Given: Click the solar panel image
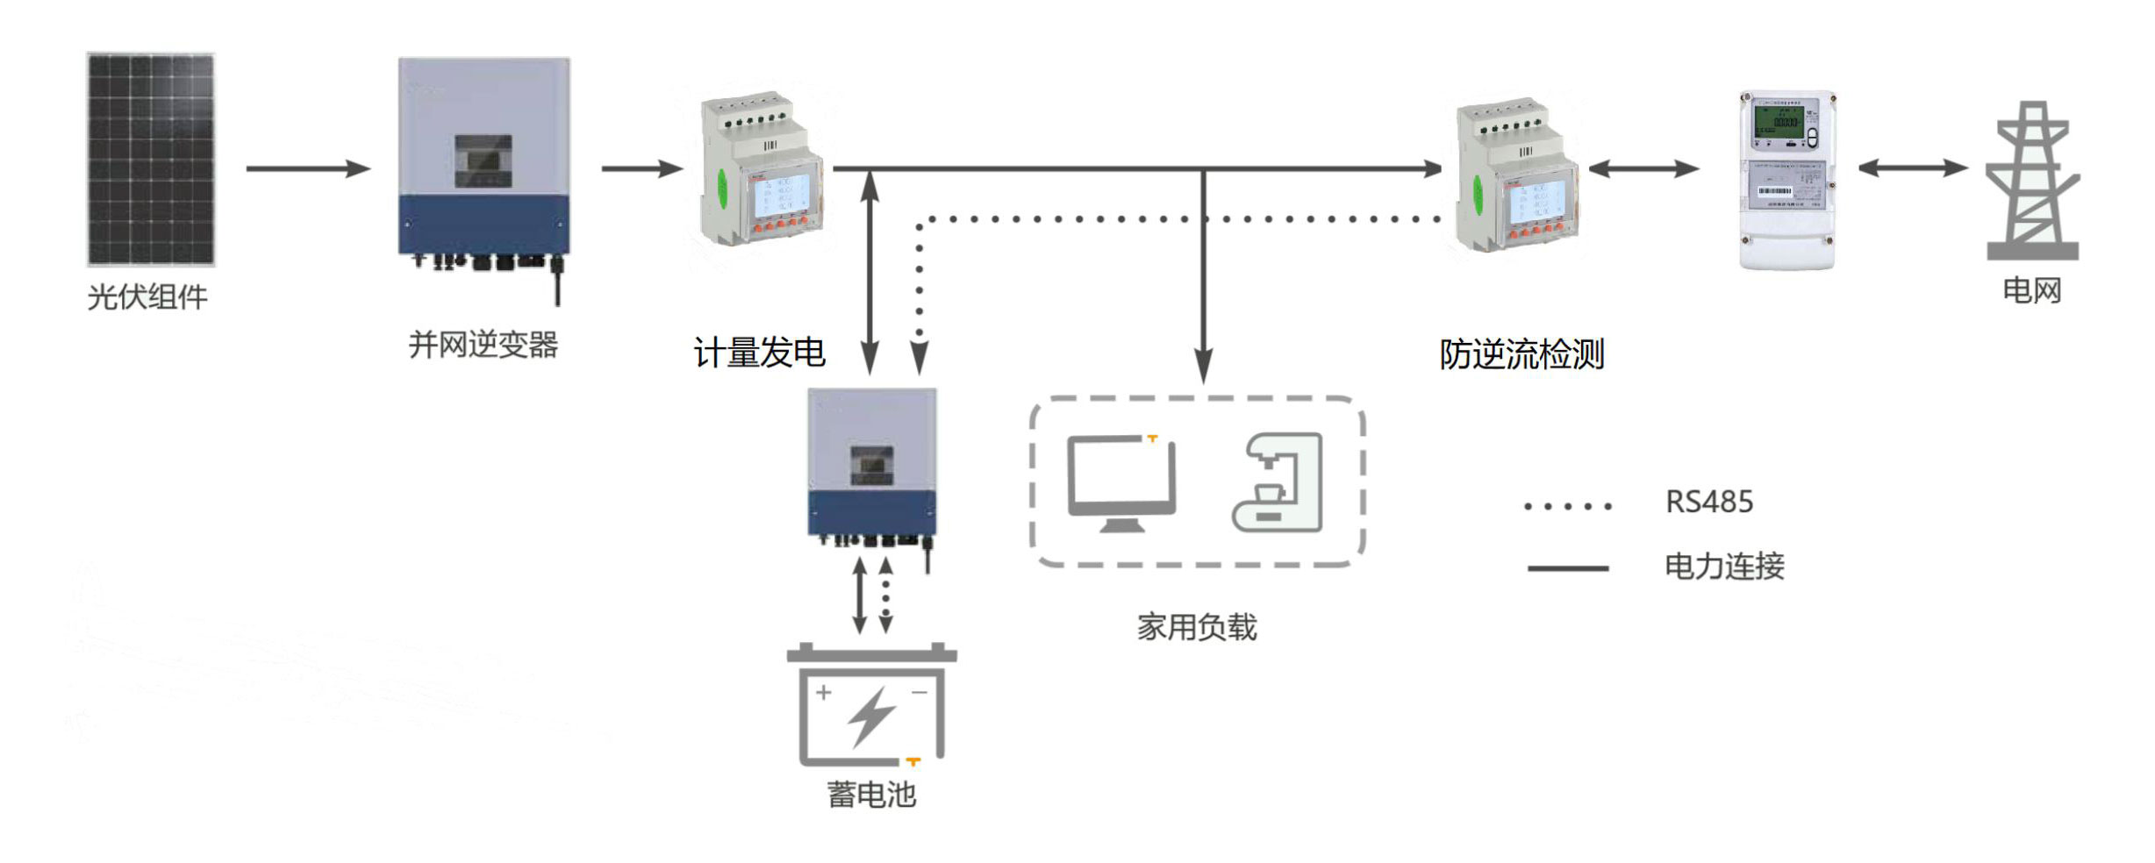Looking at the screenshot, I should click(151, 159).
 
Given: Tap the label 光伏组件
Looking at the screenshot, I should click(147, 297).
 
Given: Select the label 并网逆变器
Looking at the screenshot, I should click(483, 345).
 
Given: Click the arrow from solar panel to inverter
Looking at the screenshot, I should click(307, 168).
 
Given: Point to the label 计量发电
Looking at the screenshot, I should click(759, 353).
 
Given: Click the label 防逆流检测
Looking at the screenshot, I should click(1521, 354).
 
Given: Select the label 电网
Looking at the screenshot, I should click(2032, 290).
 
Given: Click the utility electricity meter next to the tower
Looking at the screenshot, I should click(1787, 180).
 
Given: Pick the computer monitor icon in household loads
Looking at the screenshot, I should click(1120, 483).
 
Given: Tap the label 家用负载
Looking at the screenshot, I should click(1197, 627).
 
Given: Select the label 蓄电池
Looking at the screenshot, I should click(871, 795).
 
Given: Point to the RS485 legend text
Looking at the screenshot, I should click(1709, 502).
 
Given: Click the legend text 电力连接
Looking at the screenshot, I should click(1724, 567).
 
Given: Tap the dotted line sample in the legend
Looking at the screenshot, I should click(1568, 506).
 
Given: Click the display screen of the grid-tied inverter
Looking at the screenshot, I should click(483, 160).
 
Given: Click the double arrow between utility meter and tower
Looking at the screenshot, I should click(1913, 168).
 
